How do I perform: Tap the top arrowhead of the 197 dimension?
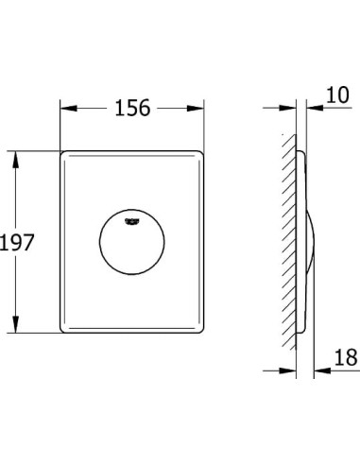point(15,154)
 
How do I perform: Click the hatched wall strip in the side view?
point(288,242)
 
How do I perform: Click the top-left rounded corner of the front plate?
point(64,153)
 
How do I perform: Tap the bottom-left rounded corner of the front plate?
point(64,330)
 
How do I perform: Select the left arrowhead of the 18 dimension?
point(289,370)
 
